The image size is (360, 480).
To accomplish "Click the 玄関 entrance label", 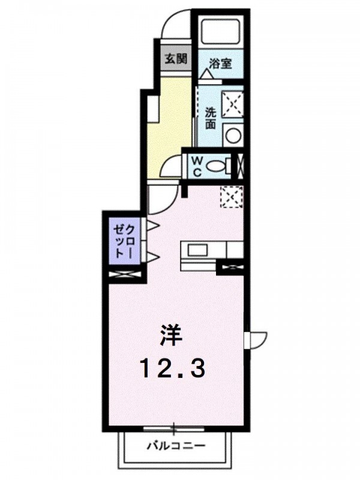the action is pyautogui.click(x=176, y=58).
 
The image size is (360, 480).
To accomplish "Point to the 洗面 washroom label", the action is pyautogui.click(x=211, y=118).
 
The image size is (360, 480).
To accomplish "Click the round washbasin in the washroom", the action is pyautogui.click(x=233, y=135).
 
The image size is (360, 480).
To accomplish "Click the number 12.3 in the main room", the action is pyautogui.click(x=172, y=368).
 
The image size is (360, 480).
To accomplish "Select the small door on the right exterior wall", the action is pyautogui.click(x=256, y=340).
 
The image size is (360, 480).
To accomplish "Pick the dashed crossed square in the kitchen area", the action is pyautogui.click(x=232, y=197).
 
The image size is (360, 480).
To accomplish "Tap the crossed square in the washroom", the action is pyautogui.click(x=233, y=104).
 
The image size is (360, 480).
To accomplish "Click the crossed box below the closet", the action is pyautogui.click(x=125, y=274).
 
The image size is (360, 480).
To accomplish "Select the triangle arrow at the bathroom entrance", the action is pyautogui.click(x=206, y=74).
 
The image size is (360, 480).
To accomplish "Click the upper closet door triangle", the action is pyautogui.click(x=153, y=226).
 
